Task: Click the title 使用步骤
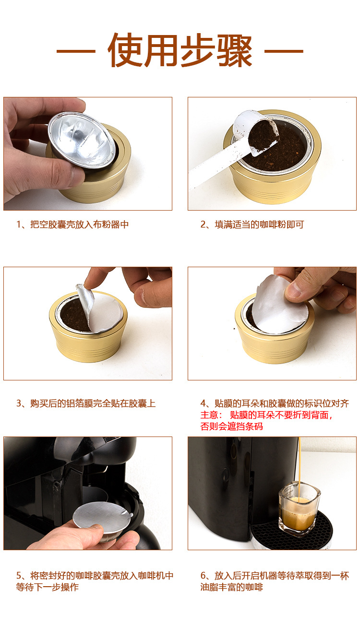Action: tap(180, 50)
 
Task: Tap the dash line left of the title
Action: tap(76, 51)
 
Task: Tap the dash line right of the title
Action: tap(284, 51)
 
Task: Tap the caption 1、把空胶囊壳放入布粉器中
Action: tap(72, 224)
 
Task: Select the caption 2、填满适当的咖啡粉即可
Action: tap(252, 224)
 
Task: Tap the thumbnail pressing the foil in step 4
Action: tap(293, 290)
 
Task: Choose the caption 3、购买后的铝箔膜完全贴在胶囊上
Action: tap(86, 403)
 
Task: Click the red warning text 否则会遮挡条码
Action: tap(232, 426)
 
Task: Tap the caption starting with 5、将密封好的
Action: tap(95, 581)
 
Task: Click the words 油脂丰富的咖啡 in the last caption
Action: tap(232, 587)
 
